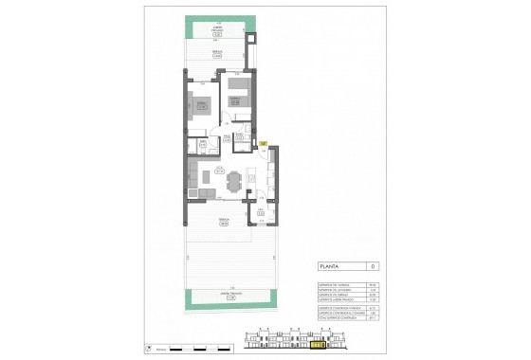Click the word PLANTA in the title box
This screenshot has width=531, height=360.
coord(331,267)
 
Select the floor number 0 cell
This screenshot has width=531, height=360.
coord(373,267)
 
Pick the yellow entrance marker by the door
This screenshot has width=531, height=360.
coord(263,144)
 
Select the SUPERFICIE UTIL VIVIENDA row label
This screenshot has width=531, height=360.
coord(331,285)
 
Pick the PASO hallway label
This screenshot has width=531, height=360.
coord(226,123)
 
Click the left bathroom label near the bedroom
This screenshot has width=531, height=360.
coord(202,146)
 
